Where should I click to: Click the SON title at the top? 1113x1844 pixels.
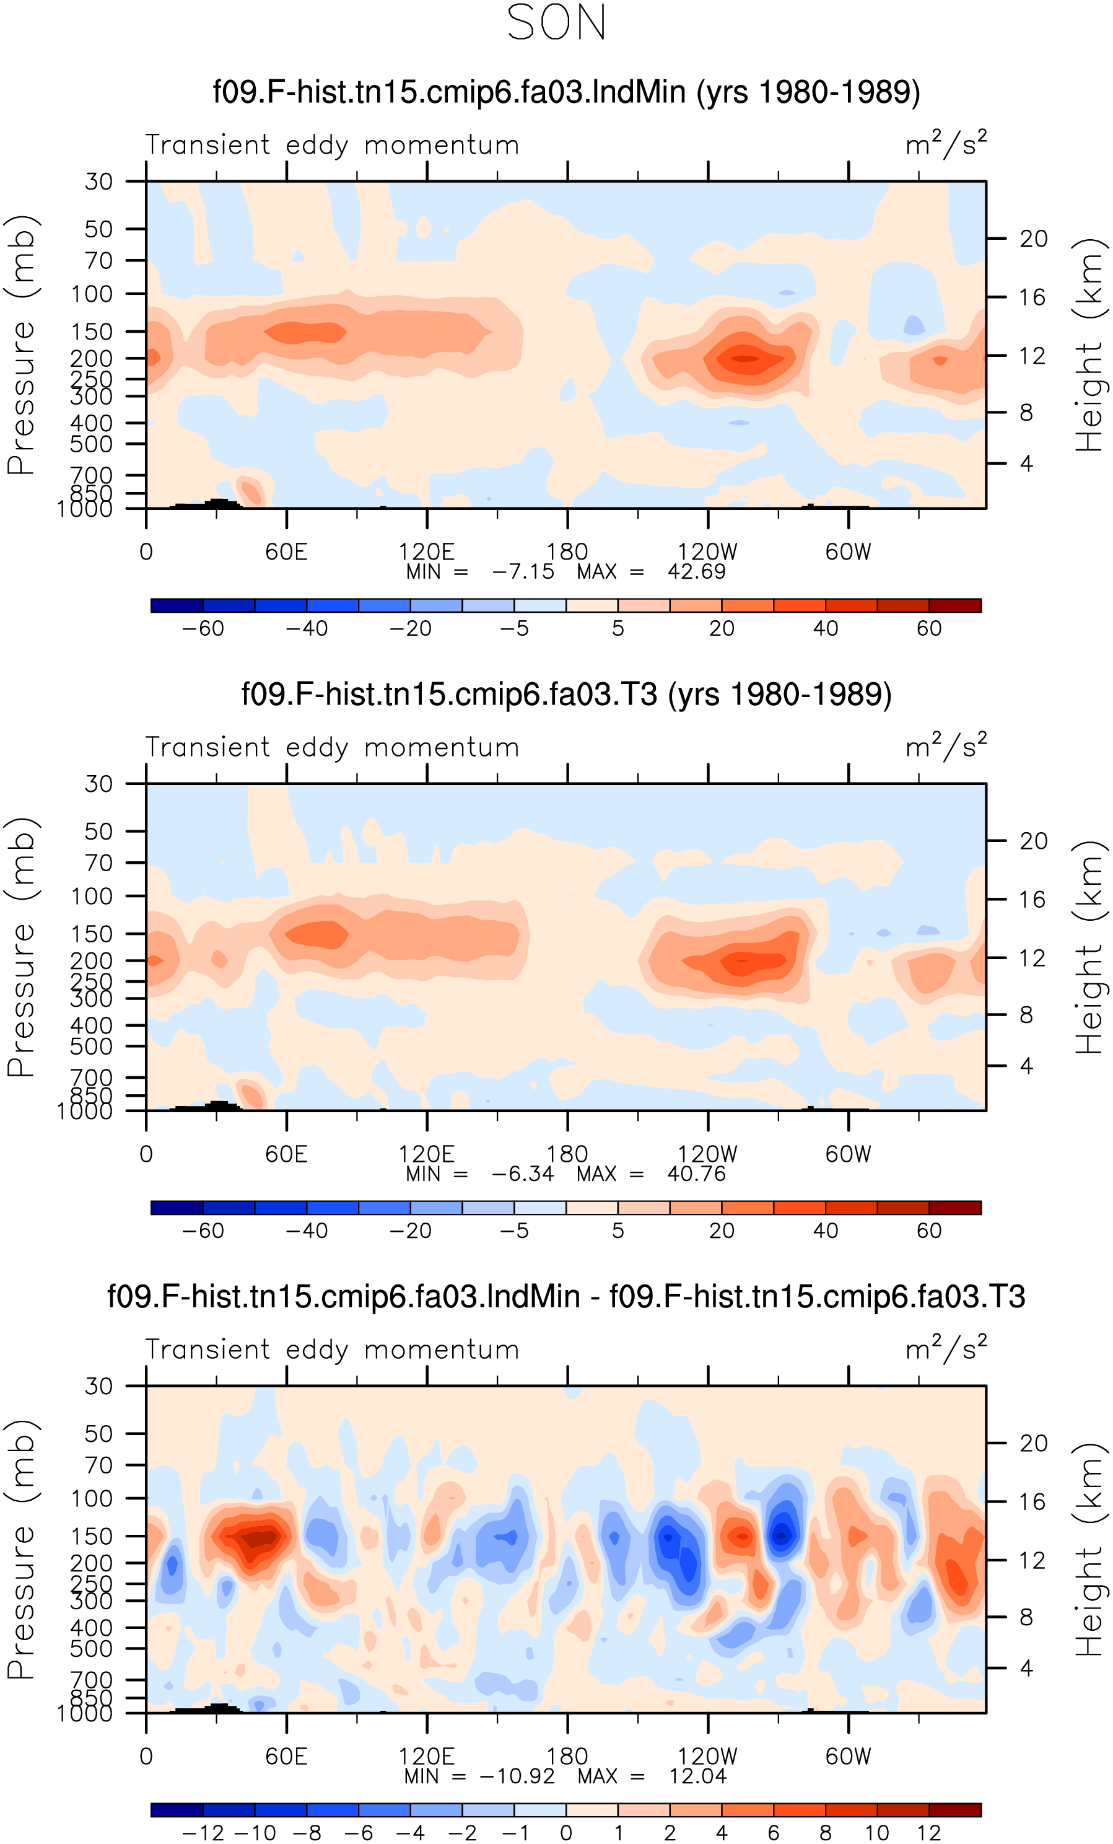pos(556,22)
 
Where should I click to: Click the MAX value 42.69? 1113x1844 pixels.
pos(696,572)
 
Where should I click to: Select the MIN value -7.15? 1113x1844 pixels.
pos(523,572)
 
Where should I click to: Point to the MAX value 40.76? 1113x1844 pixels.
pos(696,1174)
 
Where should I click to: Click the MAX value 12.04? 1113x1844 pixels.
pos(698,1776)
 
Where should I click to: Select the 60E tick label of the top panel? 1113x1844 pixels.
pos(287,551)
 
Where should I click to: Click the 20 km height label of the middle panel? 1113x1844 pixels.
pos(1033,841)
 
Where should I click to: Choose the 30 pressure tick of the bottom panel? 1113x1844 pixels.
pos(98,1386)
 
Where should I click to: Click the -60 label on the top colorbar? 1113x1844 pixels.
pos(203,629)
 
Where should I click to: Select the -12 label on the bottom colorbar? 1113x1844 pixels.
pos(203,1833)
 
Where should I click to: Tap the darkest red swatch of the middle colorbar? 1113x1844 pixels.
pos(955,1208)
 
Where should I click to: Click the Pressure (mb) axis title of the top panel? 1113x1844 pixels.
pos(21,345)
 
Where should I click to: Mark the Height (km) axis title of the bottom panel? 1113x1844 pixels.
pos(1089,1549)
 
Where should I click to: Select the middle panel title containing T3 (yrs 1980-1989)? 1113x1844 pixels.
pos(566,695)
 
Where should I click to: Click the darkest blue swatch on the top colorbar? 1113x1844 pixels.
pos(177,605)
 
